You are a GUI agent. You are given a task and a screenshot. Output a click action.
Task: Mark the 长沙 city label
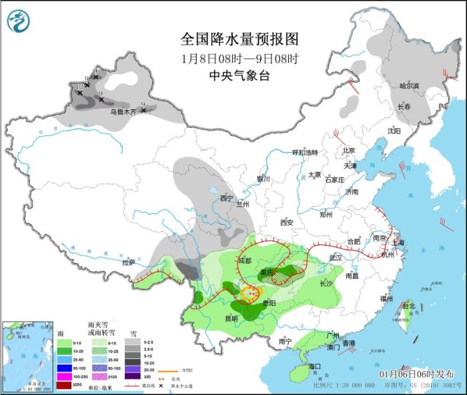point(326,283)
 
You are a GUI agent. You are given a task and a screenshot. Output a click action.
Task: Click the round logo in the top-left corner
point(19,21)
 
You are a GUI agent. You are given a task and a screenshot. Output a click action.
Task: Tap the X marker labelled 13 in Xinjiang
point(80,92)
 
